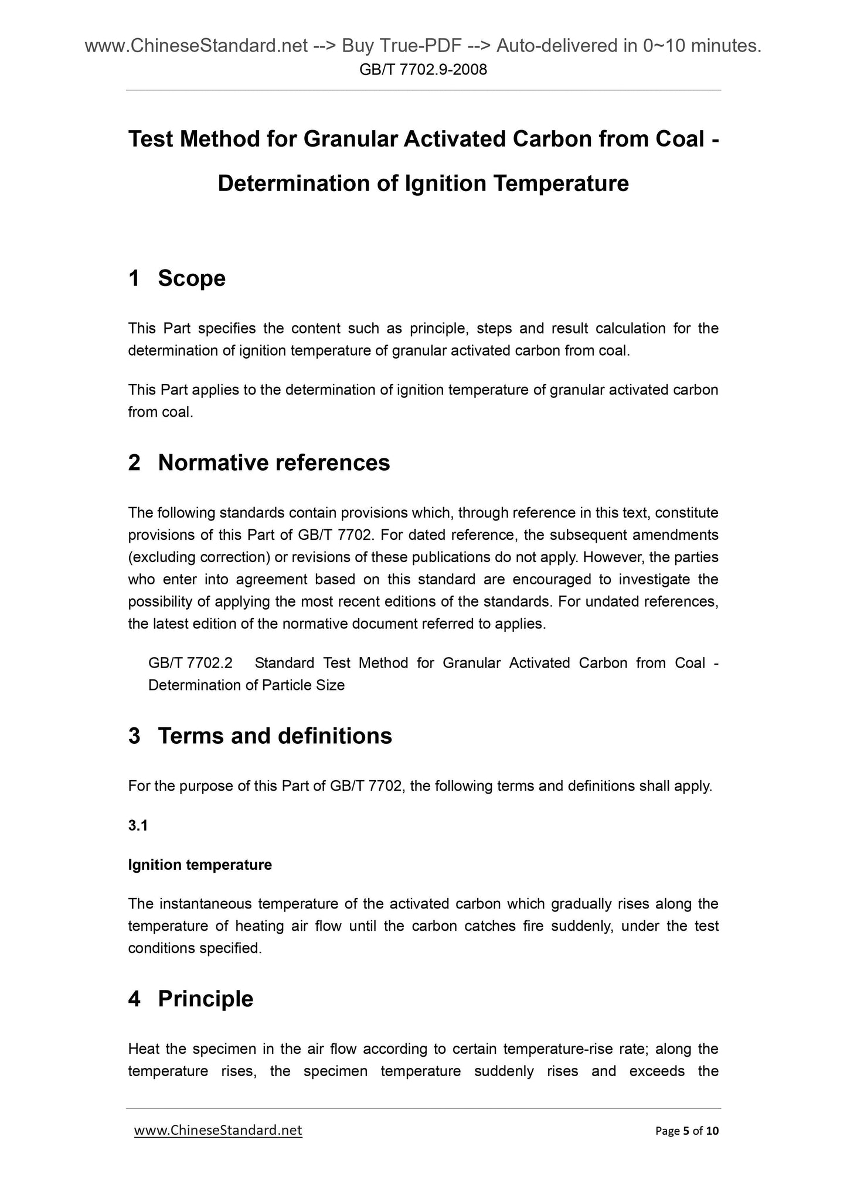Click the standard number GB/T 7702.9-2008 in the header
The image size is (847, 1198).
[423, 70]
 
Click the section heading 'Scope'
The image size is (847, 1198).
[192, 278]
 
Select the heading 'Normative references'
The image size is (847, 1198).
[274, 463]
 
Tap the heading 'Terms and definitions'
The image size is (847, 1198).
[275, 736]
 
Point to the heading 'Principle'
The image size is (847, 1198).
[205, 999]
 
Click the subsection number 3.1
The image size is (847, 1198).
[138, 825]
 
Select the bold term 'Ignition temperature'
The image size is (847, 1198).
[200, 865]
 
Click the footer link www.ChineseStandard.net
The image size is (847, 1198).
[218, 1130]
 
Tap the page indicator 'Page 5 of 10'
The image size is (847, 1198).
[686, 1131]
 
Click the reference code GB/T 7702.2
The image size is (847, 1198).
[191, 663]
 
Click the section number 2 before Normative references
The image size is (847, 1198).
[134, 463]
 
